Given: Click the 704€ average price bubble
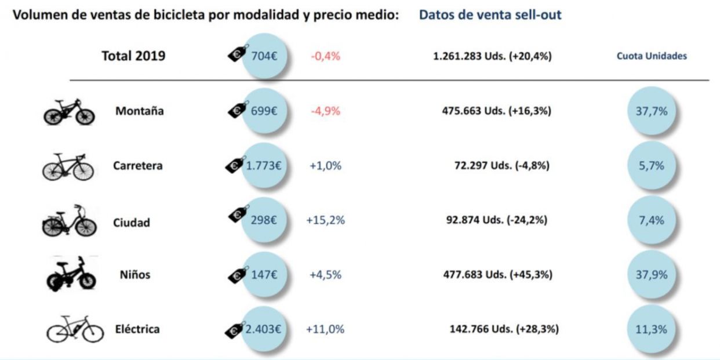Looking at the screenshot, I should (x=264, y=56).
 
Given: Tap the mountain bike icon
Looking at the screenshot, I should (x=69, y=112).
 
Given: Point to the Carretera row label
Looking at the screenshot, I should (x=138, y=166).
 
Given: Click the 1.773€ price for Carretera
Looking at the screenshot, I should (x=264, y=166).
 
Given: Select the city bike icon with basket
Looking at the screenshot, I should (x=68, y=221).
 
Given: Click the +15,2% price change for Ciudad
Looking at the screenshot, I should (x=325, y=220).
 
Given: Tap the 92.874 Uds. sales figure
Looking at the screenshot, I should (x=494, y=220).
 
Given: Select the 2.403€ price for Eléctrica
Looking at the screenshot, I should (x=264, y=329).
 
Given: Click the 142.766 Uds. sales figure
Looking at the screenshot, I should (x=504, y=329).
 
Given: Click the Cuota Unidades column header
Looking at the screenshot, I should (x=651, y=57).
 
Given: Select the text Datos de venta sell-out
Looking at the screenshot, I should (x=490, y=15).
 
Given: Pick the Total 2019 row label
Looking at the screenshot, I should (x=133, y=56).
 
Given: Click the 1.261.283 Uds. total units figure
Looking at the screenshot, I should (x=492, y=57).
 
